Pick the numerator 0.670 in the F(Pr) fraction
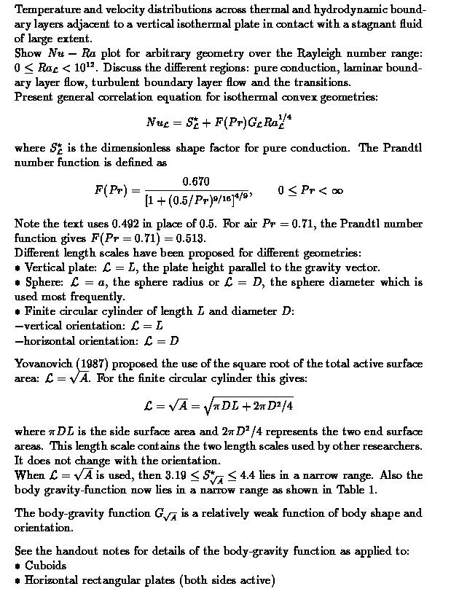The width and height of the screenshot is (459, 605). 196,181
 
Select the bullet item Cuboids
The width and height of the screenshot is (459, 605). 45,566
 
